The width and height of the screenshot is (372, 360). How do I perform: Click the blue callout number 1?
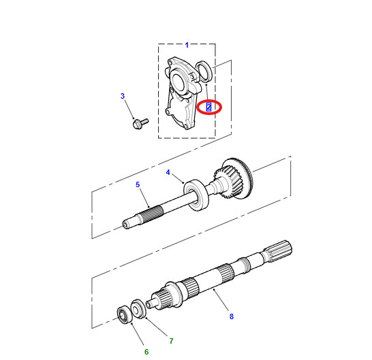pos(187,45)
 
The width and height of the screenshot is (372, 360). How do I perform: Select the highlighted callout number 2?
pos(208,107)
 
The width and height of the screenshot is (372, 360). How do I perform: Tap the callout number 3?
pos(123,96)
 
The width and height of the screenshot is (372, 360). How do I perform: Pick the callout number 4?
pos(168,172)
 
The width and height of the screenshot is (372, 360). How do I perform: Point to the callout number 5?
pos(138,184)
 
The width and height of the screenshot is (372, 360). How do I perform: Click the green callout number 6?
pos(146,352)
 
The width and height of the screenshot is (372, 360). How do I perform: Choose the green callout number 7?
pos(171,341)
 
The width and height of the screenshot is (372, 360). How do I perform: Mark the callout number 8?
pos(232,316)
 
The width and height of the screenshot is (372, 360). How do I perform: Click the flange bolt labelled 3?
pos(140,124)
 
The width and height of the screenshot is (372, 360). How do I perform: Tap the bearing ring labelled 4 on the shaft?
pos(196,195)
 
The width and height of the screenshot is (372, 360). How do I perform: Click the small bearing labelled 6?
pos(125,314)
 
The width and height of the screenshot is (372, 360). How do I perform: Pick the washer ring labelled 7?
pos(138,309)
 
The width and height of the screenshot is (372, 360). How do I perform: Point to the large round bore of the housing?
pos(178,82)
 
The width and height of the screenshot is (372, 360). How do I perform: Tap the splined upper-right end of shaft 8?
pos(278,251)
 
